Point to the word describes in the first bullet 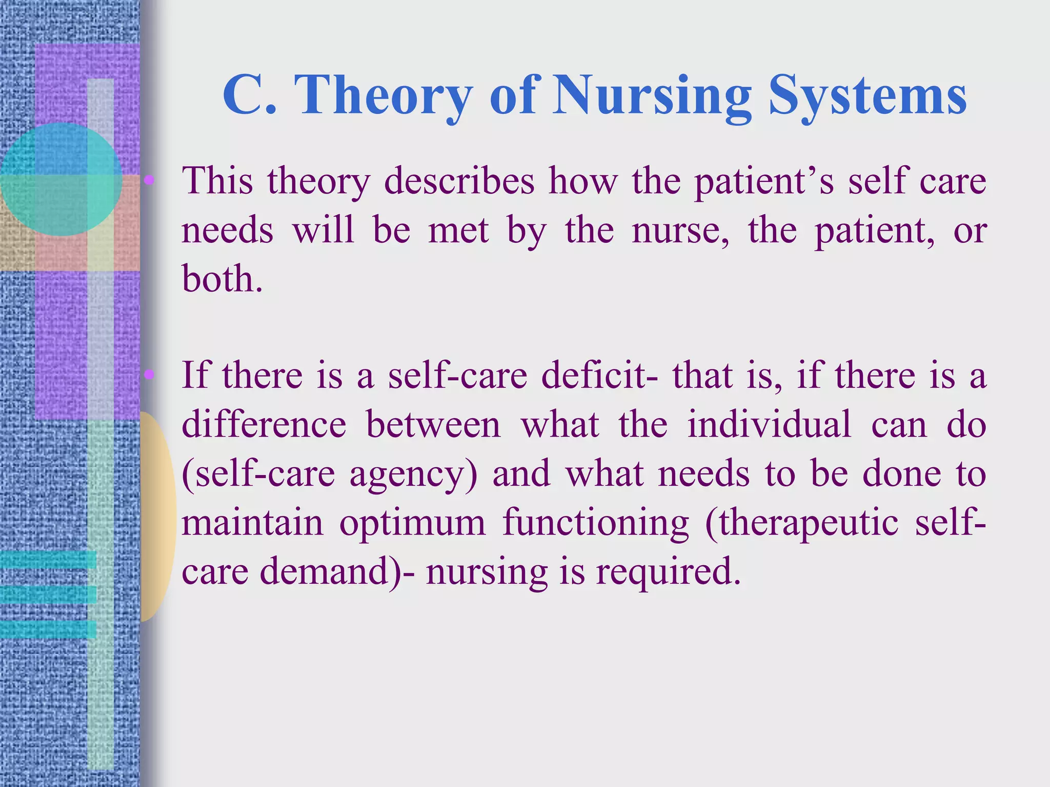(459, 181)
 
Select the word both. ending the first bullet (222, 279)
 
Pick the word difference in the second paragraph (264, 425)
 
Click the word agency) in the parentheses (413, 474)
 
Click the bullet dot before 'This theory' (149, 179)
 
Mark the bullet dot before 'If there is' (149, 375)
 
